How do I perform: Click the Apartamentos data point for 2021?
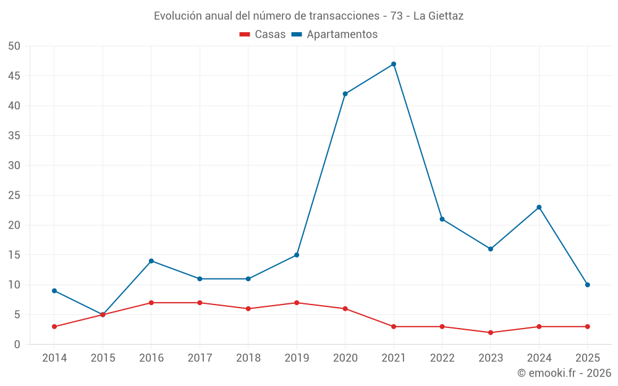pos(394,64)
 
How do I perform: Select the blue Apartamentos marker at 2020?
pos(345,94)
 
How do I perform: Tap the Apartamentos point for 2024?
pos(539,208)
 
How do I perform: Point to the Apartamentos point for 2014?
pos(54,291)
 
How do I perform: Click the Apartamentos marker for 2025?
pos(588,285)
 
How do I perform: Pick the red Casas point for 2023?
pos(491,332)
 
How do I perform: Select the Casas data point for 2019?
pos(297,303)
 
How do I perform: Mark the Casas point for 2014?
pos(54,327)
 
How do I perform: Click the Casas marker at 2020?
pos(345,309)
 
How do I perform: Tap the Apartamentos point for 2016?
pos(151,261)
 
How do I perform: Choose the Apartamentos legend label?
pos(342,35)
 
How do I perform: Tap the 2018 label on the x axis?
pos(248,358)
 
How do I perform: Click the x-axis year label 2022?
pos(442,358)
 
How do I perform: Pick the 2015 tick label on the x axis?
pos(103,358)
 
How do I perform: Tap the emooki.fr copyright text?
pos(564,373)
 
